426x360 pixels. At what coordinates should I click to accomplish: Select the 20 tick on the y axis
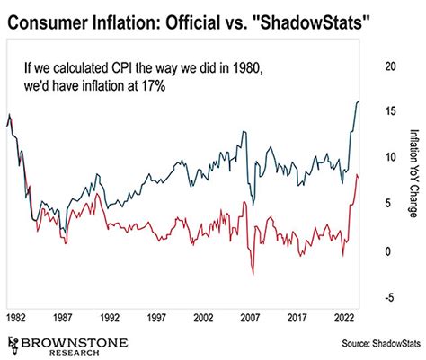[x=389, y=66]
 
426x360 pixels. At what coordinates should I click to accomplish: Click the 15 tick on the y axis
[x=389, y=111]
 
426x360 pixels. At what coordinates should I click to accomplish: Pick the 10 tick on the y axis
[x=389, y=158]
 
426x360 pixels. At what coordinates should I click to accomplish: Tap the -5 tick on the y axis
[x=389, y=298]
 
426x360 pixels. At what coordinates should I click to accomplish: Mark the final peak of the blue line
[x=359, y=101]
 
